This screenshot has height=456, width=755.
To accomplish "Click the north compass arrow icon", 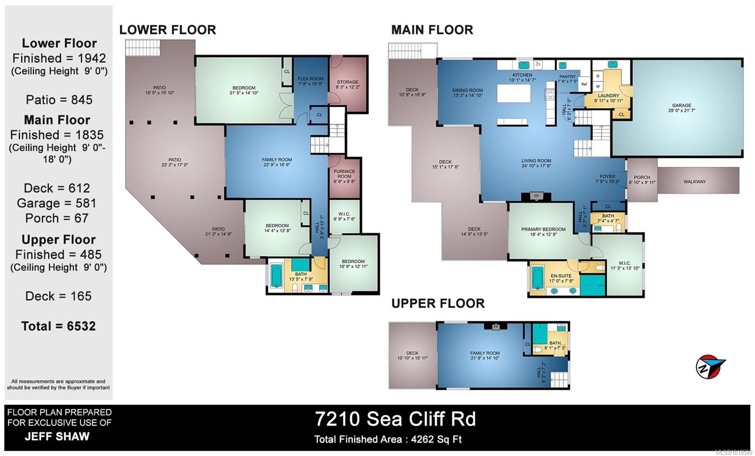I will point(710,367).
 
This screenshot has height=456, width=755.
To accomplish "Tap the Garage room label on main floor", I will point(681,108).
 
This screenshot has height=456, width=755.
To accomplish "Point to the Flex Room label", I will point(310,81).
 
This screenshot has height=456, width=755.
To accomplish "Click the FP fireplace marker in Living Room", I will point(536,196).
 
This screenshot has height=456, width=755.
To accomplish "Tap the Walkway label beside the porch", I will point(695,181).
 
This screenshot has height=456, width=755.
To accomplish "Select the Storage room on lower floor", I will point(347,85).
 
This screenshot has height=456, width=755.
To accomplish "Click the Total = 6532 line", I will point(59,326).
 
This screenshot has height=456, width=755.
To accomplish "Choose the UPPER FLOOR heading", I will point(437,303).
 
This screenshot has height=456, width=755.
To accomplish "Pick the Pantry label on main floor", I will point(568,78).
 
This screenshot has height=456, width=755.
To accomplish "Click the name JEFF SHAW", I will point(57,436).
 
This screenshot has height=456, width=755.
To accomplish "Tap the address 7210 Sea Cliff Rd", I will point(395,419).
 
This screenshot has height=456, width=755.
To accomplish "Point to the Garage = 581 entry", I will point(57,203).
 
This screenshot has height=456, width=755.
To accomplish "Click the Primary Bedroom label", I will point(543,232).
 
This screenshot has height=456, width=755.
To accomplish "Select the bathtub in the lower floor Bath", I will point(276,275).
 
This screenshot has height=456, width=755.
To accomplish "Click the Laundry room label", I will point(608,98).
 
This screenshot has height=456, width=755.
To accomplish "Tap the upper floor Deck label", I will point(412,355).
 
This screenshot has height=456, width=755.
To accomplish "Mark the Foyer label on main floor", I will point(607,179).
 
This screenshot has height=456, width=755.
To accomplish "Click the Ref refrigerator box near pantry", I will point(584,84).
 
